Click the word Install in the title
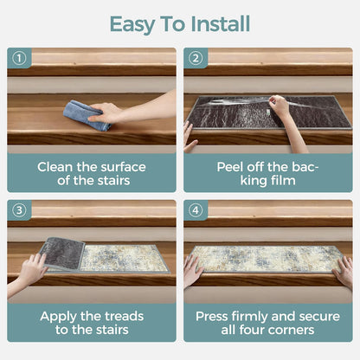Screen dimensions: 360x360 (221, 23)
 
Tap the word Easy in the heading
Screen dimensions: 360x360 (132, 25)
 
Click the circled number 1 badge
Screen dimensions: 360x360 (19, 58)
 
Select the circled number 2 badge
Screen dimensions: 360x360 (196, 58)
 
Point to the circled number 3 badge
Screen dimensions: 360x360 (19, 210)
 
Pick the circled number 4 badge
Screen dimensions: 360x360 (196, 210)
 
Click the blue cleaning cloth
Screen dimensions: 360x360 (86, 115)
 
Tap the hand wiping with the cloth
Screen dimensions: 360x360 (105, 113)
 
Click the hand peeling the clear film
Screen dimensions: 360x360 (279, 106)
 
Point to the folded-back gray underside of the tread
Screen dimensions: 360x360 (63, 253)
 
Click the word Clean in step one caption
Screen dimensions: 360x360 (55, 167)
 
